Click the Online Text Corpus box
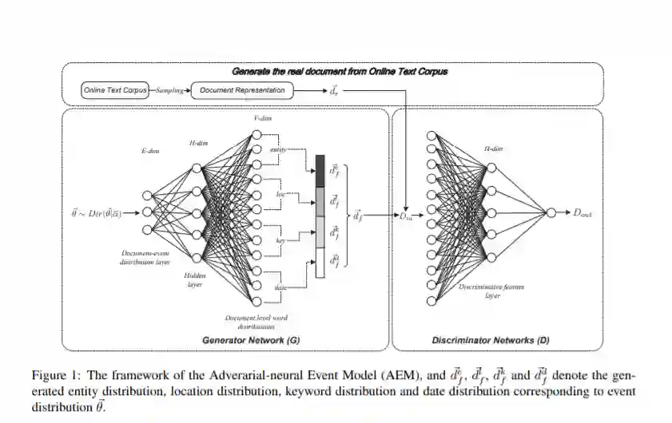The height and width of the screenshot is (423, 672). [115, 90]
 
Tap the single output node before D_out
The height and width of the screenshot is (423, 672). [551, 212]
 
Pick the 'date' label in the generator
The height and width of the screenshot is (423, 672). [280, 288]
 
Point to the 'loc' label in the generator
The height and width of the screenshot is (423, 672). [280, 194]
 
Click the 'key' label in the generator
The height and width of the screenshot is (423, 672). [280, 239]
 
